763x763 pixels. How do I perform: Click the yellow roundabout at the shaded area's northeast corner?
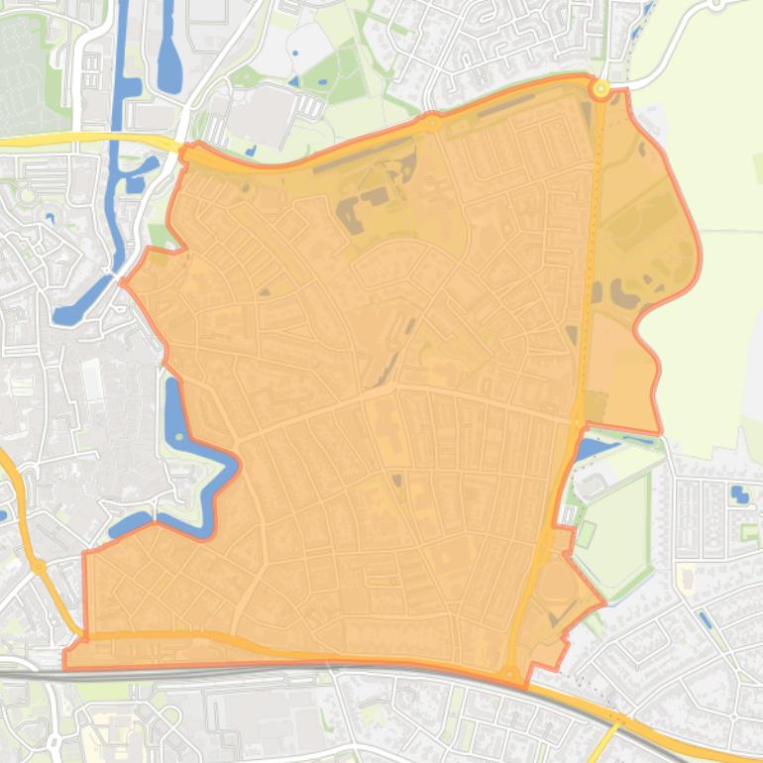tap(599, 89)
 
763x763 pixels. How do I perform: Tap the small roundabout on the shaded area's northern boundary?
tap(432, 123)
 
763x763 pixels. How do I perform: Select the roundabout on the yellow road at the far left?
tap(38, 567)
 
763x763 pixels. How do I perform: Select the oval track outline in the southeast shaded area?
tap(555, 594)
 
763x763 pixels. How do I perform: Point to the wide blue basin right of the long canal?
tap(168, 59)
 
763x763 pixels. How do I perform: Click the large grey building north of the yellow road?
tap(260, 114)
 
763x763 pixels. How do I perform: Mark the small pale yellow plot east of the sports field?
tap(683, 574)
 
